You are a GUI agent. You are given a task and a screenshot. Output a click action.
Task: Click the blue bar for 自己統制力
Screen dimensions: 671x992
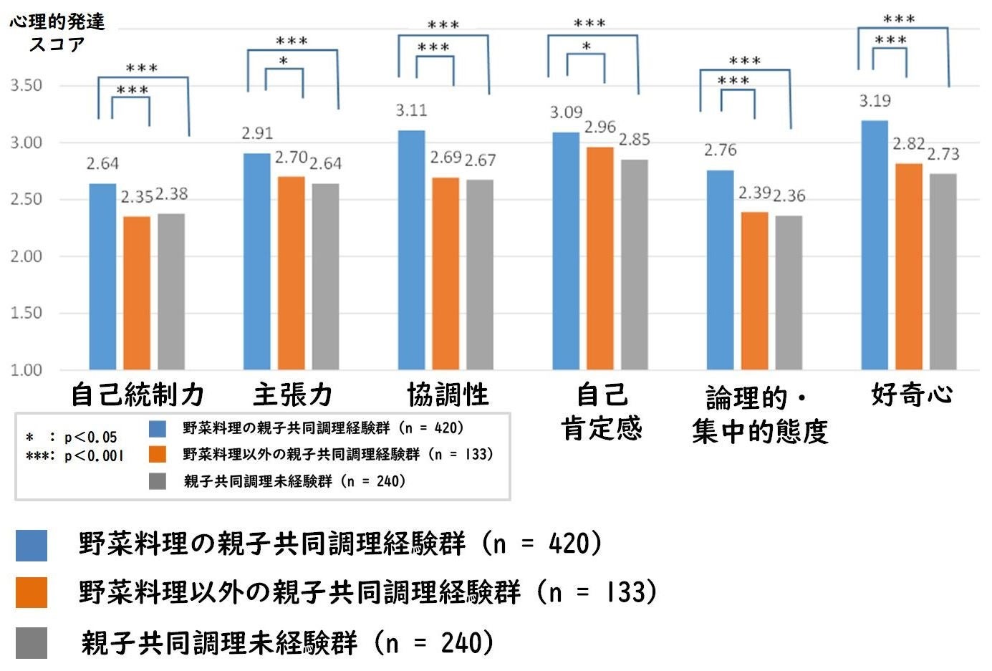coord(102,276)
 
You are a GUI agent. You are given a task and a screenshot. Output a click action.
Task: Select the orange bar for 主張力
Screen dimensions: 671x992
coord(291,273)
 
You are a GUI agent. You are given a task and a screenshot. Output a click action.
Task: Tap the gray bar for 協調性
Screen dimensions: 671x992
coord(479,274)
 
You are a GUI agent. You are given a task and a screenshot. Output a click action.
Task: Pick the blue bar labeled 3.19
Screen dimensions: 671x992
coord(874,245)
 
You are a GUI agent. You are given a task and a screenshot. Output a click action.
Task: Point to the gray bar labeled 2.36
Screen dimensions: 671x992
coord(789,292)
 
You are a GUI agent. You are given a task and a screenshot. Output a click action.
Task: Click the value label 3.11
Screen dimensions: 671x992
coord(412,110)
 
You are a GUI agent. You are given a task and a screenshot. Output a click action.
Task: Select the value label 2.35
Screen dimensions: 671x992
coord(136,197)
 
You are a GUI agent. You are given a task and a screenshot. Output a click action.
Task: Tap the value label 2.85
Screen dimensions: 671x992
coord(635,140)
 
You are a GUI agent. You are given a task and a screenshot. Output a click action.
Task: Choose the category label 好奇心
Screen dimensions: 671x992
coord(912,394)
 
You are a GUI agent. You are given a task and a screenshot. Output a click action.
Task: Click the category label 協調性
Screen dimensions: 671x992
coord(448,395)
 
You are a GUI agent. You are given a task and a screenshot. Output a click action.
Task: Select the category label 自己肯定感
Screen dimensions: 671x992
coord(602,412)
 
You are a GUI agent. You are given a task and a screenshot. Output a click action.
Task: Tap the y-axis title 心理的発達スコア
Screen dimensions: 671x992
coord(57,32)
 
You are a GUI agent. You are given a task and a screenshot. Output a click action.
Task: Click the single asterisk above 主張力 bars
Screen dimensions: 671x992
coord(284,62)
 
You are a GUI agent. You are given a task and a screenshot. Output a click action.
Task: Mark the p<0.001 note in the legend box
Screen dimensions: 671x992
coord(75,456)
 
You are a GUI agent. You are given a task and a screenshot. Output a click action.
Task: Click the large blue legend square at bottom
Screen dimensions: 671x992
coord(32,545)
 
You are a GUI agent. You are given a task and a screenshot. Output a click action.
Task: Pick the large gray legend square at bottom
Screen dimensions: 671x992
coord(32,642)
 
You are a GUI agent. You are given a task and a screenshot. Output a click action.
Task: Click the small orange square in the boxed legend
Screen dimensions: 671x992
coord(158,454)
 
